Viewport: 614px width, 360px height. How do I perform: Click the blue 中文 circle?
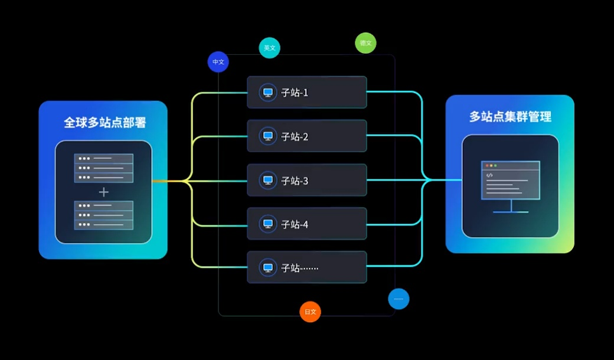coord(218,62)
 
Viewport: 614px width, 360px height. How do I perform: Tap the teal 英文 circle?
coord(269,48)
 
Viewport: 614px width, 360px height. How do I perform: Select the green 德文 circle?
coord(365,43)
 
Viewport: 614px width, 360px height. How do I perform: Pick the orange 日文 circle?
coord(310,312)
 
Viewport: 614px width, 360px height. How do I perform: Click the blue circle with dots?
coord(399,299)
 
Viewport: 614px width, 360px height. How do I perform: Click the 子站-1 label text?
coord(295,93)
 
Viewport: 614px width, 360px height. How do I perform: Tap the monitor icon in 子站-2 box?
coord(268,136)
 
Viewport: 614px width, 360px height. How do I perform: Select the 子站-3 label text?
coord(295,181)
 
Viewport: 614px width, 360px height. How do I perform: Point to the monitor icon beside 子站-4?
coord(268,224)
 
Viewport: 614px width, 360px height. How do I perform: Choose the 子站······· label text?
coord(300,268)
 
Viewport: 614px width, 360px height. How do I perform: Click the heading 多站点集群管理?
coord(510,117)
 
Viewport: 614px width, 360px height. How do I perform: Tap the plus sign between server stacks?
coord(104,192)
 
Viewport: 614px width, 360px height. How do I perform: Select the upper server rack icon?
coord(104,168)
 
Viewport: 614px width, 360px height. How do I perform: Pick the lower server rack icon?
coord(104,215)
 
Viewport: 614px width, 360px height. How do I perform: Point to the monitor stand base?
coord(510,211)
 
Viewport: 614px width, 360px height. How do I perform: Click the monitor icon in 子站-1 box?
coord(268,93)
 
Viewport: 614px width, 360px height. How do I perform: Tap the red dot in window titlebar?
coord(486,165)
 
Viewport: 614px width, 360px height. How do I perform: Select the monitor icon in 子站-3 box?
coord(268,180)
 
